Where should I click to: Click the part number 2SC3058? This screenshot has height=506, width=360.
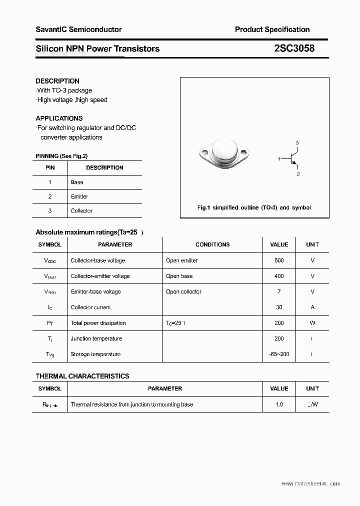click(x=294, y=48)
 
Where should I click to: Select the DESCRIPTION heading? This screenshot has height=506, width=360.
click(x=57, y=81)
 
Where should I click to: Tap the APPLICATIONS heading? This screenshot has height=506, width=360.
click(x=59, y=118)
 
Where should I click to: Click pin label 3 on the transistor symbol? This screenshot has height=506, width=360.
click(x=297, y=143)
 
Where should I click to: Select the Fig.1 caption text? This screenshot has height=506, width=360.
click(x=254, y=207)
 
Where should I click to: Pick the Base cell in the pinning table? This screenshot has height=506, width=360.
click(x=77, y=182)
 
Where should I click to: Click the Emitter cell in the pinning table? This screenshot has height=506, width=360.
click(x=79, y=196)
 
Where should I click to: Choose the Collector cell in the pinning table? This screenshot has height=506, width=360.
click(x=81, y=211)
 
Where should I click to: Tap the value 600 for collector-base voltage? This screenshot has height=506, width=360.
click(x=279, y=260)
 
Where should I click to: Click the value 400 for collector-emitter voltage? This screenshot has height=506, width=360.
click(x=279, y=276)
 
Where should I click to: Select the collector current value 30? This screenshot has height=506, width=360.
click(x=279, y=307)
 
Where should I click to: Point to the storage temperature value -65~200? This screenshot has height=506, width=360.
click(x=279, y=354)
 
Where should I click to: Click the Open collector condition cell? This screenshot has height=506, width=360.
click(x=183, y=292)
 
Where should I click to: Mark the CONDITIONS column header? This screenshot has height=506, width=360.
click(x=212, y=245)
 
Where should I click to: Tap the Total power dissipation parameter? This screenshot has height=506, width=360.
click(x=98, y=323)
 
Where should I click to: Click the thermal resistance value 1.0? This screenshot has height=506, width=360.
click(x=279, y=404)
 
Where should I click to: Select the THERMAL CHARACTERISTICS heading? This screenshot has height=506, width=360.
click(x=82, y=376)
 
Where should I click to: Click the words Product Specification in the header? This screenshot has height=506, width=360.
click(x=272, y=29)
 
